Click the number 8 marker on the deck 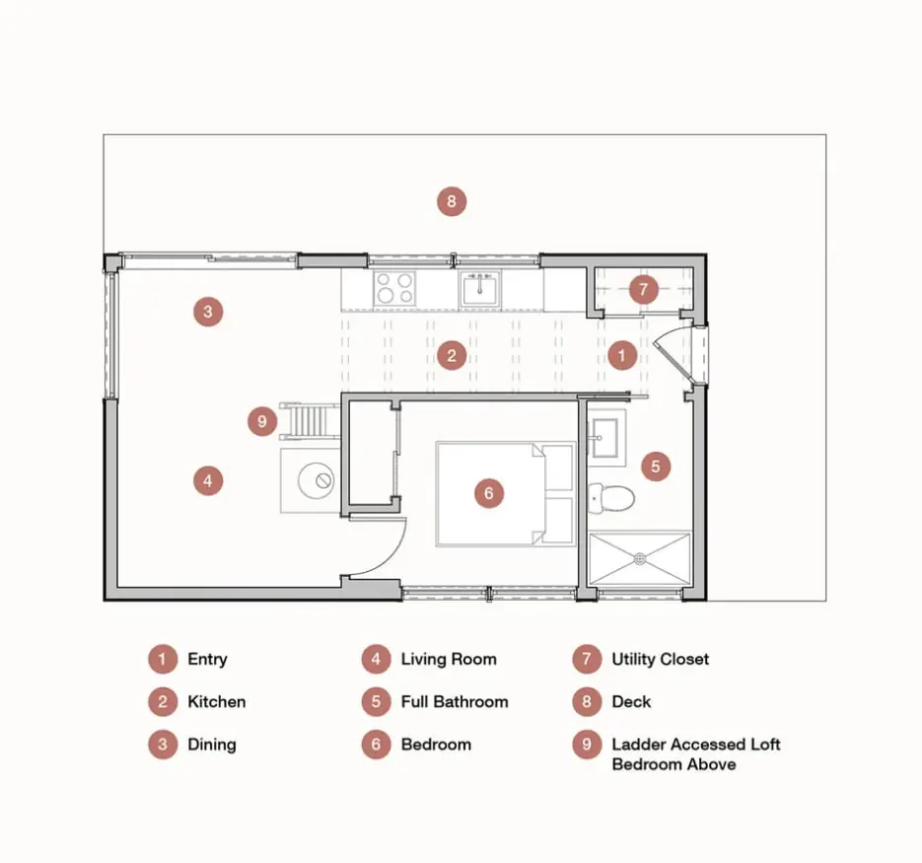click(x=452, y=201)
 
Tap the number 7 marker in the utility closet click(x=643, y=289)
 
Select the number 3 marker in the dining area click(x=208, y=312)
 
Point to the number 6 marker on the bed click(x=489, y=493)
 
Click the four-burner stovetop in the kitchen click(x=394, y=288)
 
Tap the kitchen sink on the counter click(x=480, y=289)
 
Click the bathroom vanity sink click(x=603, y=438)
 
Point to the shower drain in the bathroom click(x=640, y=559)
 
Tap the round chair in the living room click(x=316, y=480)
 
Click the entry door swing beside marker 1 click(x=671, y=356)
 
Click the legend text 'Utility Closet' click(x=661, y=660)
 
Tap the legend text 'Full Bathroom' click(x=455, y=702)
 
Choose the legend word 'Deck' click(x=631, y=702)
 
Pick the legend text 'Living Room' click(x=449, y=660)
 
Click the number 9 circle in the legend click(x=587, y=745)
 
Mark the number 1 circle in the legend click(x=163, y=660)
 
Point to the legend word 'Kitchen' click(x=216, y=702)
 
